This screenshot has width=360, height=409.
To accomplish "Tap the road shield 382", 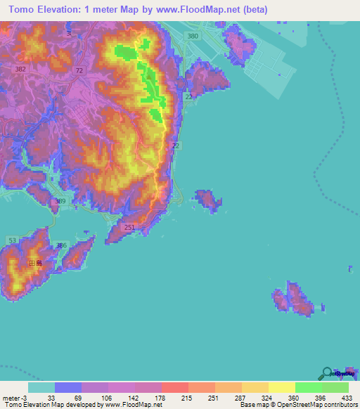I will (20, 70).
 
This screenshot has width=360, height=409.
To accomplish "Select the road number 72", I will (79, 71).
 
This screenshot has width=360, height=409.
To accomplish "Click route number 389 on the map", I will (61, 202).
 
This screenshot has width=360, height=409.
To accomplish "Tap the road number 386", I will (62, 245).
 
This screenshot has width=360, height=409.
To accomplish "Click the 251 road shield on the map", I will (129, 228).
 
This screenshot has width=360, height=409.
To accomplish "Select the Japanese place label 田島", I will (35, 263).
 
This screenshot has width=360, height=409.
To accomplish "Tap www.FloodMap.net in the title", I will (202, 10).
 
